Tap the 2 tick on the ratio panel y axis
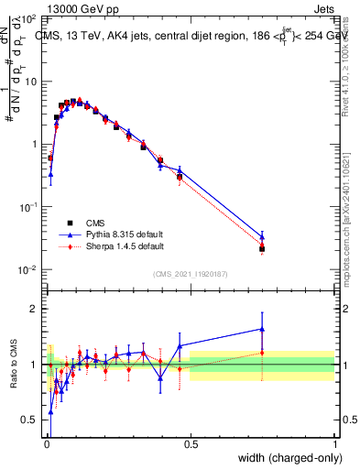click(x=34, y=309)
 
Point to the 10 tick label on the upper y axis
click(x=29, y=82)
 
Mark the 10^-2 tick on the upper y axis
click(x=27, y=269)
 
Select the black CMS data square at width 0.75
click(x=262, y=248)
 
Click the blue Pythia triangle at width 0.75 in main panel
click(x=262, y=236)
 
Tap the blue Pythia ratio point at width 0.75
click(x=262, y=329)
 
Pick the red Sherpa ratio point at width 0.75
click(x=262, y=352)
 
